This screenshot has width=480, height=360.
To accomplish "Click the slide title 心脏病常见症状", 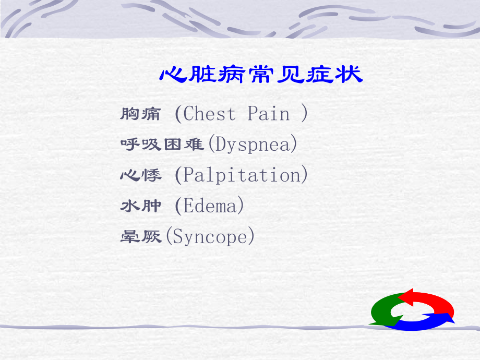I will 260,75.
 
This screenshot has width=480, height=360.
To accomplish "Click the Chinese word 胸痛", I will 140,114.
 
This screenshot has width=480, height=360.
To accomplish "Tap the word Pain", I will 268,114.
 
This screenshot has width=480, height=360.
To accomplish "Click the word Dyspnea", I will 253,145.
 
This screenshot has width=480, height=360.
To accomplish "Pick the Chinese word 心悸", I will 140,175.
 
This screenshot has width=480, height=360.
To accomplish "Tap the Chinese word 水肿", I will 140,206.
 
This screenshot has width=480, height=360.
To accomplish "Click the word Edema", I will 210,206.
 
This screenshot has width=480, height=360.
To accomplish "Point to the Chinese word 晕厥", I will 140,237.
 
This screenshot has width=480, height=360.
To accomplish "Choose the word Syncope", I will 210,237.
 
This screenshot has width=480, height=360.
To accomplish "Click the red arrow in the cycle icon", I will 430,302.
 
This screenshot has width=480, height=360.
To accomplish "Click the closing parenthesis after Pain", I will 305,114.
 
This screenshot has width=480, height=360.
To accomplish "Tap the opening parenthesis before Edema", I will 178,206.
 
